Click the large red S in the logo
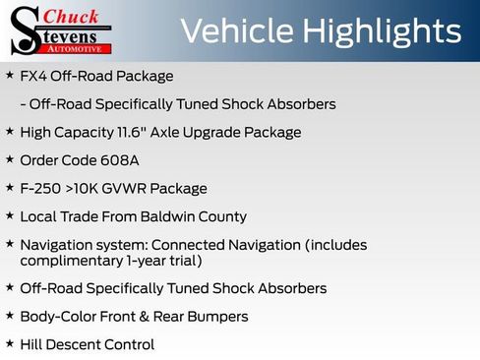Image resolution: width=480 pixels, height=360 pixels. [x=24, y=30]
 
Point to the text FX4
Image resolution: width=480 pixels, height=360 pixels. [x=33, y=76]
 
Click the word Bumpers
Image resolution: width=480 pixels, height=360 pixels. [x=214, y=317]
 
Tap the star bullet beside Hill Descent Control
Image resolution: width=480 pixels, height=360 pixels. [x=10, y=343]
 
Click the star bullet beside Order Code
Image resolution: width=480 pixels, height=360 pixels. [x=10, y=159]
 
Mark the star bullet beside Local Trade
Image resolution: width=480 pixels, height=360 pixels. [x=10, y=215]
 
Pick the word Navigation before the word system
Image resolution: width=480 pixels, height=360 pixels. [x=56, y=244]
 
